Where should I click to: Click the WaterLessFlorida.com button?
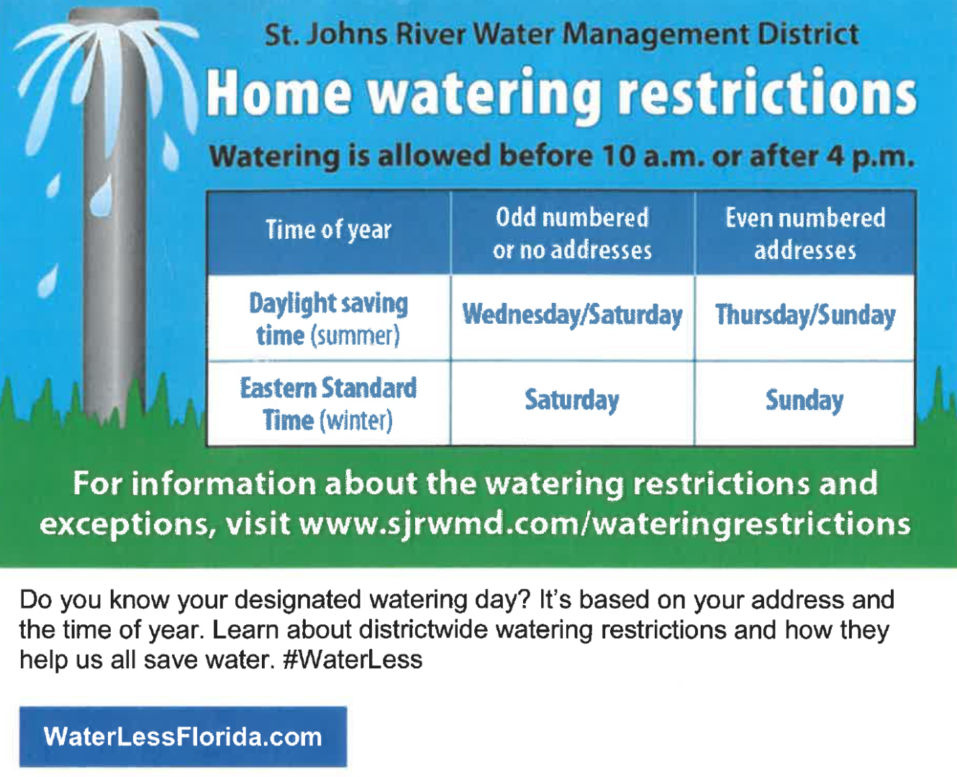(x=183, y=737)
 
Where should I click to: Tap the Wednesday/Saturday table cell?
(x=573, y=317)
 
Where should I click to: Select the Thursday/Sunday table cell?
(x=805, y=317)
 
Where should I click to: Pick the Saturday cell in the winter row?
(x=573, y=402)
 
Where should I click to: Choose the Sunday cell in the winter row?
(x=805, y=402)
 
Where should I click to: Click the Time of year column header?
(x=329, y=232)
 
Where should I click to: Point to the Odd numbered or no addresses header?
(x=573, y=232)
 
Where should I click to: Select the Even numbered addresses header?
(x=805, y=232)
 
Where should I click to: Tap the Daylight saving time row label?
(x=329, y=319)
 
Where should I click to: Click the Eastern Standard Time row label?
(x=329, y=404)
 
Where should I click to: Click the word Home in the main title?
(x=278, y=94)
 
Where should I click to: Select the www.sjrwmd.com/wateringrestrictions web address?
(x=604, y=524)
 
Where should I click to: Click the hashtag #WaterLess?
(x=353, y=660)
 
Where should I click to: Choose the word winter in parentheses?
(x=356, y=421)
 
